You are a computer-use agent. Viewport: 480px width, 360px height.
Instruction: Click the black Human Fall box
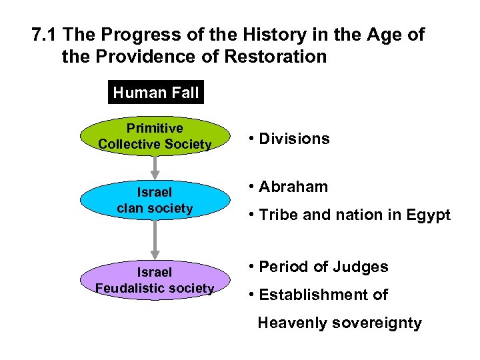[156, 93]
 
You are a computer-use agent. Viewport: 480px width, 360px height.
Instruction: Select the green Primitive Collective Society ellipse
[155, 136]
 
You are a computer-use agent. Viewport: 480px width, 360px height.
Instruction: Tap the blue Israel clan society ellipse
[155, 200]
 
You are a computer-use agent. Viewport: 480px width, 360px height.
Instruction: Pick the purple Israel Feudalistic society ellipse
[155, 280]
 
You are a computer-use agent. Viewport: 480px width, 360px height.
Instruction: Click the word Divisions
[294, 139]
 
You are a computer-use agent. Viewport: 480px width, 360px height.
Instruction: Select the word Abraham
[293, 187]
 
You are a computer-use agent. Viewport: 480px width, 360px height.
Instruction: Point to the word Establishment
[315, 295]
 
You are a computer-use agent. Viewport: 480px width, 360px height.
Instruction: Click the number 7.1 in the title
[46, 35]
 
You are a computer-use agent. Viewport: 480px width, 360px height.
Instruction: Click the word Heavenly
[290, 323]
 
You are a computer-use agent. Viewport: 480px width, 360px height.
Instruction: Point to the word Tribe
[277, 215]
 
